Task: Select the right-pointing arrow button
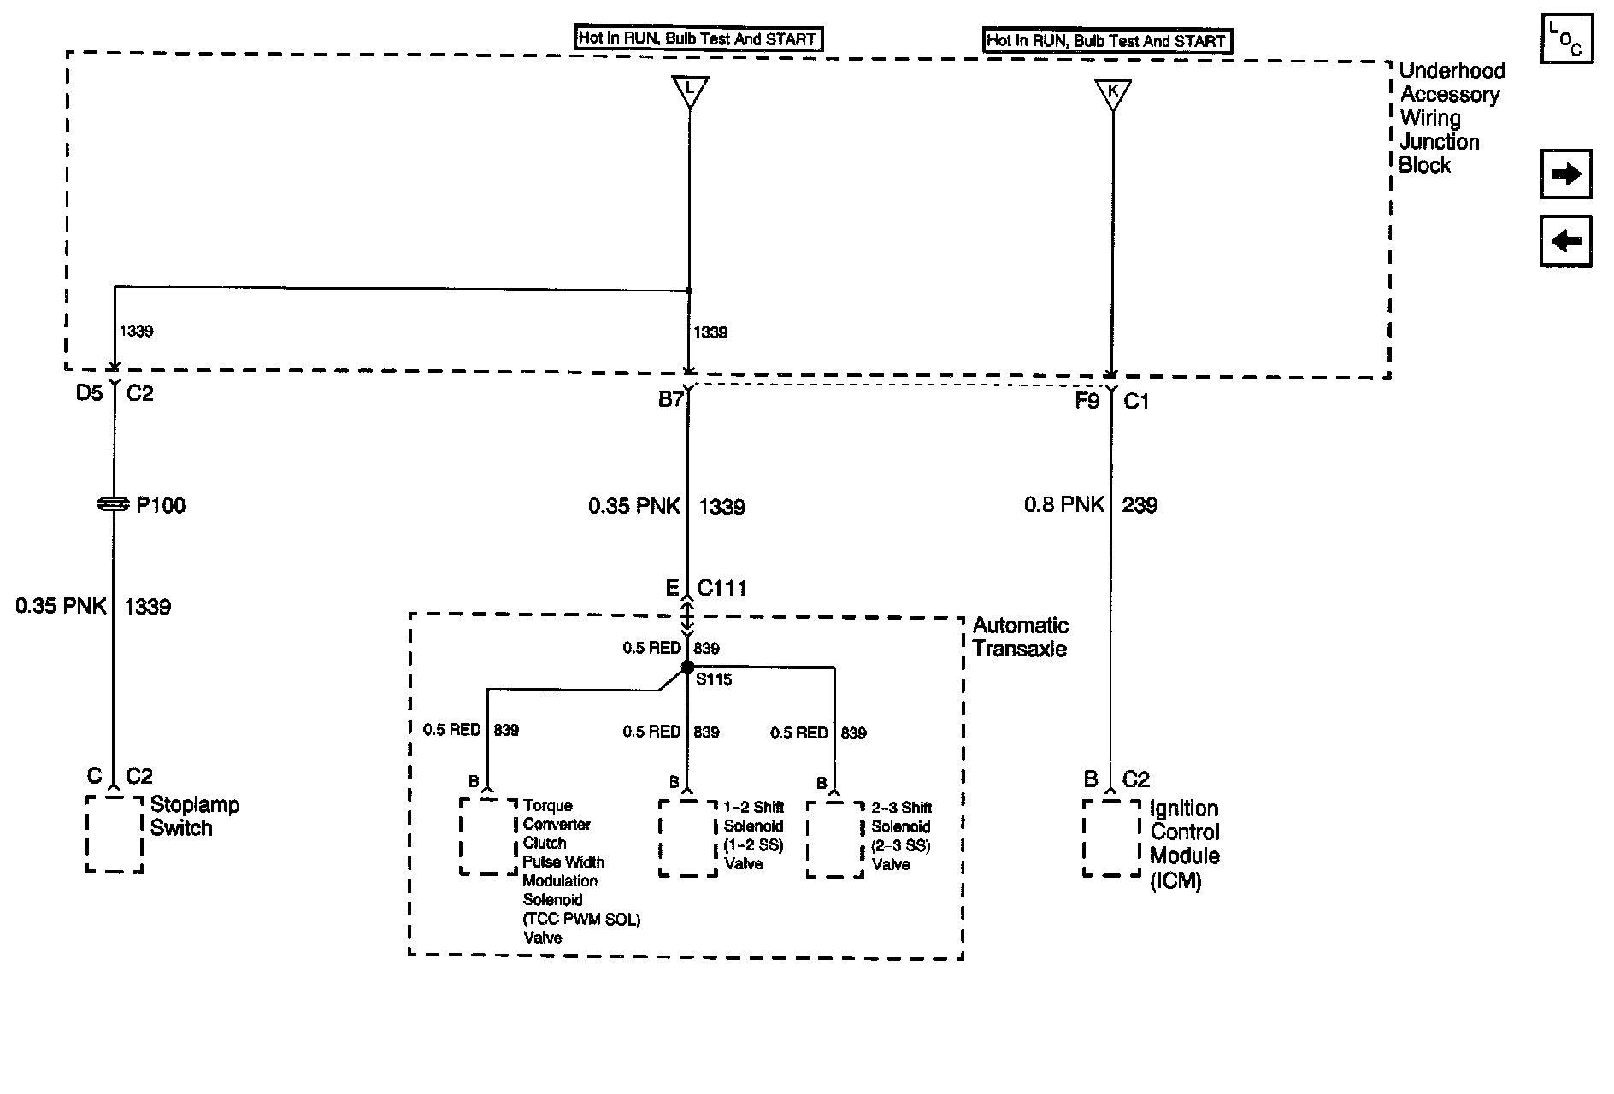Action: pyautogui.click(x=1565, y=174)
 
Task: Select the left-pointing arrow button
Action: pyautogui.click(x=1565, y=241)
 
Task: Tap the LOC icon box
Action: pyautogui.click(x=1566, y=38)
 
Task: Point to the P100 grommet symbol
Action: pyautogui.click(x=114, y=505)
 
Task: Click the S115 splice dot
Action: pyautogui.click(x=687, y=668)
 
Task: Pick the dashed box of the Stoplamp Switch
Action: pyautogui.click(x=114, y=833)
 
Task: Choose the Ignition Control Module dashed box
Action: pyautogui.click(x=1110, y=838)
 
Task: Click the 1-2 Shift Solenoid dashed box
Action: pyautogui.click(x=687, y=838)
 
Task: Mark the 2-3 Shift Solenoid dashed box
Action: pyautogui.click(x=834, y=839)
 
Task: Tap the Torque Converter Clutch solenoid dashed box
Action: pyautogui.click(x=488, y=836)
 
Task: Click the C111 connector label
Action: pyautogui.click(x=722, y=588)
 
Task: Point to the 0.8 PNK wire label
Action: pyautogui.click(x=1063, y=505)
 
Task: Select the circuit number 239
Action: pyautogui.click(x=1140, y=505)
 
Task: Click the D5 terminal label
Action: pyautogui.click(x=89, y=394)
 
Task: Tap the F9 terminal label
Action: pyautogui.click(x=1087, y=401)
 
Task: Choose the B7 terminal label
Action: pyautogui.click(x=670, y=399)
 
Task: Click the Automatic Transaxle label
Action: pyautogui.click(x=1020, y=637)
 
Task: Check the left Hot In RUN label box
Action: pyautogui.click(x=697, y=38)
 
